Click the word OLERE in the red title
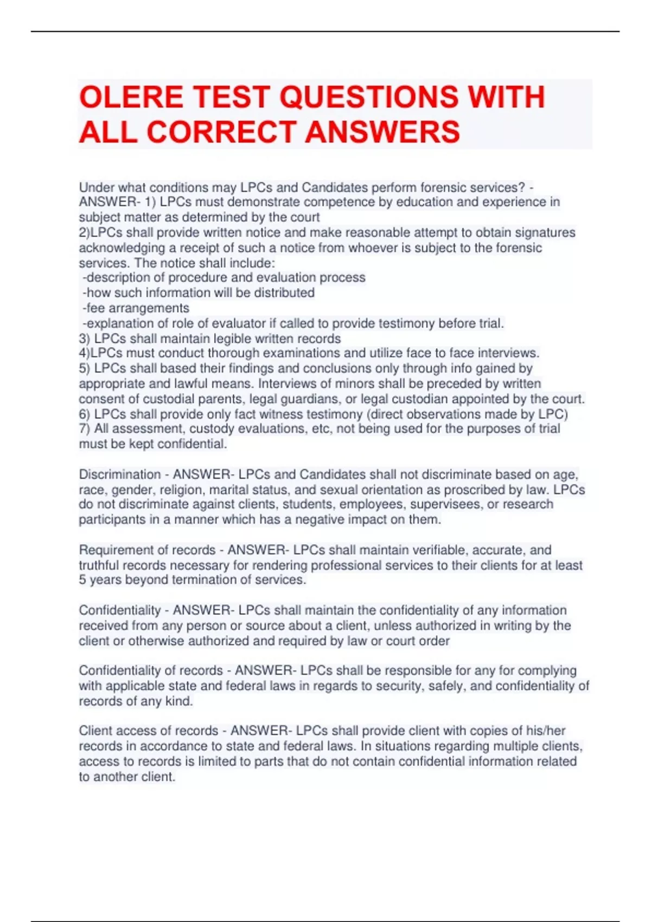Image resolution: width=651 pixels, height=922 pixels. tap(131, 98)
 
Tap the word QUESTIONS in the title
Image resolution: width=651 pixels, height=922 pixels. tap(369, 98)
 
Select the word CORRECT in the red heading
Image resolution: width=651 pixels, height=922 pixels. tap(222, 132)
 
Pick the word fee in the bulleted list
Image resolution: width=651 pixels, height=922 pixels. tap(96, 308)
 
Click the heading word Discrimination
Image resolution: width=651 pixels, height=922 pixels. tap(120, 475)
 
